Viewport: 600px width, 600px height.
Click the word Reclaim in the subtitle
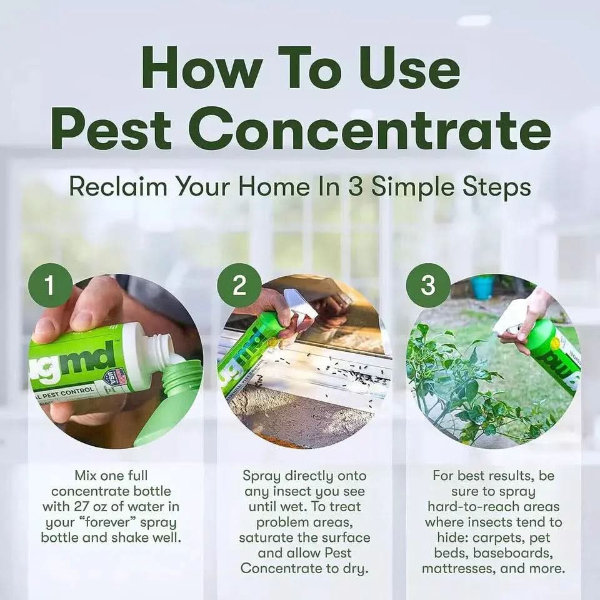click(x=119, y=186)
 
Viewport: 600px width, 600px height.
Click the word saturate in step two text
click(x=269, y=537)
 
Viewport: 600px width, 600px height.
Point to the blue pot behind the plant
click(x=482, y=287)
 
